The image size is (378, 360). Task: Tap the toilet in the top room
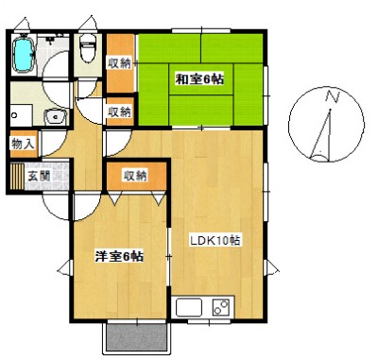pos(87,46)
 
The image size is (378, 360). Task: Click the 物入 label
pos(23,144)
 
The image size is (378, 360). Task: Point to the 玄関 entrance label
pos(39,175)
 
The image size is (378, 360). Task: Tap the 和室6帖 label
pos(198,78)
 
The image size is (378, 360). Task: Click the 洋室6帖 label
pos(118,256)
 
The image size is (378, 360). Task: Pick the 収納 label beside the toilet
pos(119,63)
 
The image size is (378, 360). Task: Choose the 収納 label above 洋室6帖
pos(135,175)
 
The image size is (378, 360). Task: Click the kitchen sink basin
pos(189,307)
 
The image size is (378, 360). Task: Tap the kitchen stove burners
pos(221,307)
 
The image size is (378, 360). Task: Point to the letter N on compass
pos(331,96)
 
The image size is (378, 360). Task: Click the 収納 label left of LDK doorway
pos(119,111)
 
